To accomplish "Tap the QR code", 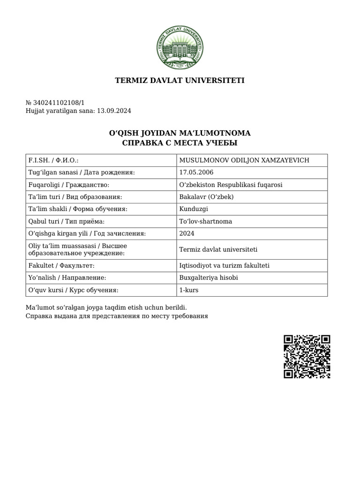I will coord(307,356).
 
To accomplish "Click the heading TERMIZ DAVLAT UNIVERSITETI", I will coord(180,81).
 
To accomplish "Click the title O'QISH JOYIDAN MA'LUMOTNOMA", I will coord(180,133).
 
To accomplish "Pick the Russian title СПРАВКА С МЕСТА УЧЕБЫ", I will coord(180,142).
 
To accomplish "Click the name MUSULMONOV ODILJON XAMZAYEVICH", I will coord(244,160).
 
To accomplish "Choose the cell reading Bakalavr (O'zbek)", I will coord(206,197).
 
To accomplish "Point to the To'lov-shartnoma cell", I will coord(205,221).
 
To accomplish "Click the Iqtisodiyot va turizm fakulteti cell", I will coord(224,266).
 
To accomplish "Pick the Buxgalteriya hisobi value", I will coord(209,278).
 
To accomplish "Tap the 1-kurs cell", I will coord(189,290).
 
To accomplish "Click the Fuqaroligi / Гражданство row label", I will coord(69,185).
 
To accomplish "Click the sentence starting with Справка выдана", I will coord(116,316).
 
